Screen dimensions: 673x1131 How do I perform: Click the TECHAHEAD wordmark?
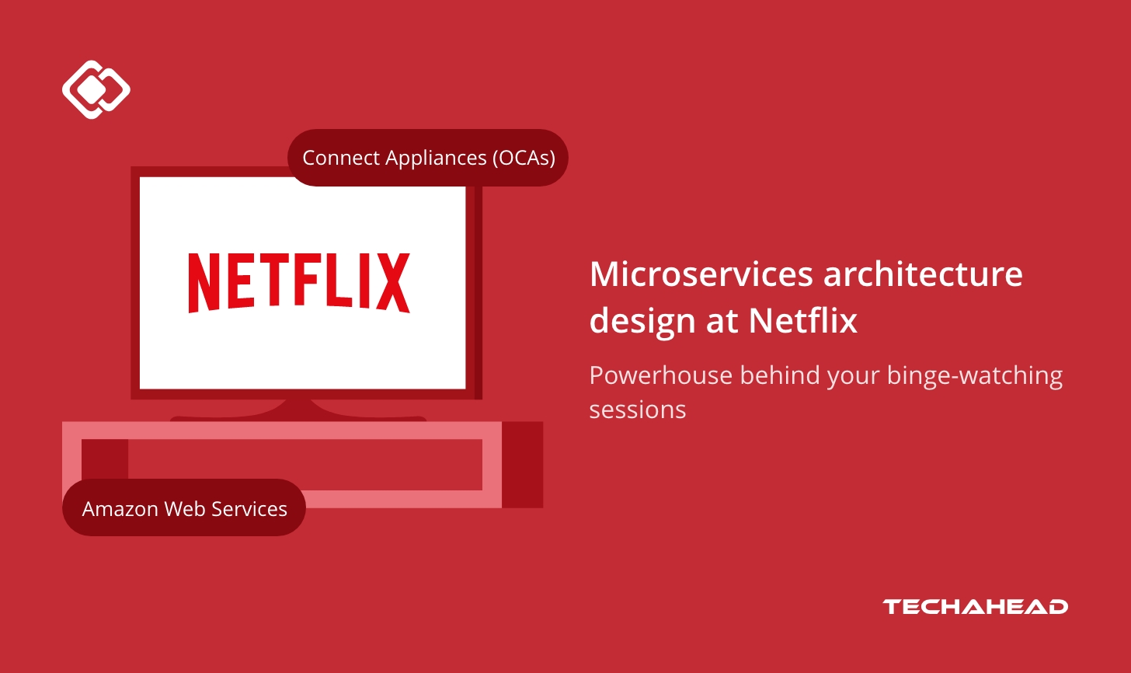pyautogui.click(x=975, y=607)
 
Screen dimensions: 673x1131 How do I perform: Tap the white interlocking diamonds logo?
pyautogui.click(x=96, y=89)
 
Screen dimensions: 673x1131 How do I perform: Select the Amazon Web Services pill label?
pyautogui.click(x=184, y=508)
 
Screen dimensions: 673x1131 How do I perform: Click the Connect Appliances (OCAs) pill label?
pyautogui.click(x=428, y=158)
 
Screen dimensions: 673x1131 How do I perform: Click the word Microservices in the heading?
pyautogui.click(x=701, y=274)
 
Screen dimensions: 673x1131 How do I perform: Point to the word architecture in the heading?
pyautogui.click(x=923, y=274)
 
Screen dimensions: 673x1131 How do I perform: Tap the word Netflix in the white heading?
pyautogui.click(x=803, y=320)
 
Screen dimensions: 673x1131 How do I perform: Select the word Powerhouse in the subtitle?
pyautogui.click(x=660, y=375)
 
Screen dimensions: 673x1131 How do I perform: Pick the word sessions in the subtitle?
pyautogui.click(x=637, y=410)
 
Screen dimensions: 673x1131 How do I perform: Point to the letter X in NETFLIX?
pyautogui.click(x=394, y=283)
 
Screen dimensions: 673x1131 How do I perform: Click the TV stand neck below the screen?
pyautogui.click(x=298, y=409)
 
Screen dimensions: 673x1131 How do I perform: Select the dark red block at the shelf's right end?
pyautogui.click(x=522, y=465)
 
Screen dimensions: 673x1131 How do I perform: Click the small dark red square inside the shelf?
pyautogui.click(x=104, y=458)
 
